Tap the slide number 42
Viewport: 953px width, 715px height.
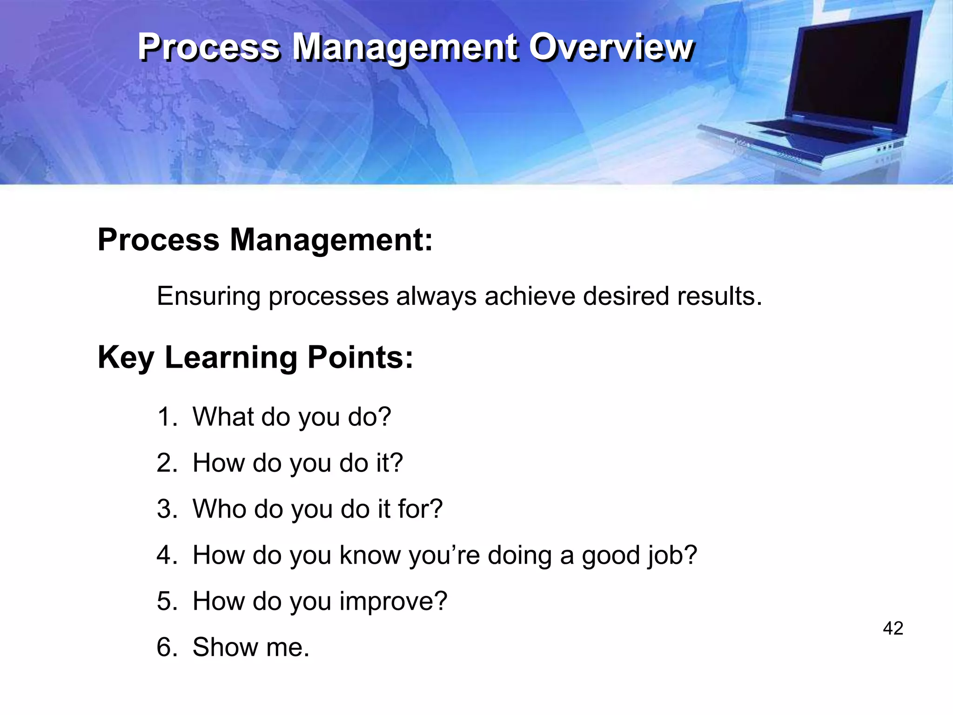[893, 628]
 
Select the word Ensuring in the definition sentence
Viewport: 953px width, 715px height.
[208, 297]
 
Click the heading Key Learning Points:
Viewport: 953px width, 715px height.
[255, 357]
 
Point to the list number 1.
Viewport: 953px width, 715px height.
[166, 417]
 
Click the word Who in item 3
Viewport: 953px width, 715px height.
[219, 509]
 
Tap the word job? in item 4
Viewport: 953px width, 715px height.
[672, 555]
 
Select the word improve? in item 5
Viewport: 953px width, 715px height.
[393, 601]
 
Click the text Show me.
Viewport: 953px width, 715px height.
[251, 647]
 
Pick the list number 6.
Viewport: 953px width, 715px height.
[166, 647]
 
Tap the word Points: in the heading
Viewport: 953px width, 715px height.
[360, 357]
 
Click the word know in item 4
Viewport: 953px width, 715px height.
[370, 555]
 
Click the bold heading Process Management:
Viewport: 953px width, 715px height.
[265, 240]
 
